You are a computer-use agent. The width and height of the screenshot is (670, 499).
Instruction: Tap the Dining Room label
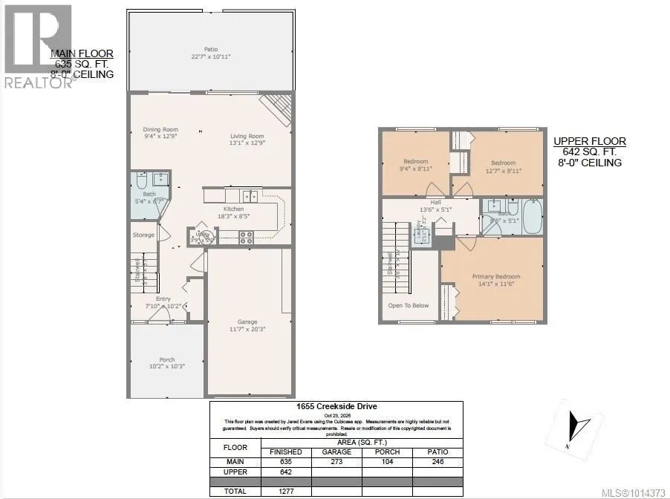(x=160, y=130)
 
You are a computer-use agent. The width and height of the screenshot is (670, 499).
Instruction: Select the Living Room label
(x=247, y=136)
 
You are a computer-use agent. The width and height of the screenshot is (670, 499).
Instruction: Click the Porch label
(x=166, y=360)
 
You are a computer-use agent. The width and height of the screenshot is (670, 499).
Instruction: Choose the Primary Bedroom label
(x=496, y=277)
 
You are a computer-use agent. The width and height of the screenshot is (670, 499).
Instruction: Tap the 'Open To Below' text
(x=408, y=305)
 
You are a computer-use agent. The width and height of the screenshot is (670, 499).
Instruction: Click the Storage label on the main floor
(x=143, y=235)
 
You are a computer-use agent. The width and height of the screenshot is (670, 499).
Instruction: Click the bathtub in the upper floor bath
(x=532, y=218)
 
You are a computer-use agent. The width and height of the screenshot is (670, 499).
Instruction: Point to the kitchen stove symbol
(x=246, y=238)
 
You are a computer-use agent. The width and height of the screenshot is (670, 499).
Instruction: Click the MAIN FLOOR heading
(x=81, y=54)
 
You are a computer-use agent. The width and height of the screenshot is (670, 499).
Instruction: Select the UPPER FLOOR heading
(x=590, y=141)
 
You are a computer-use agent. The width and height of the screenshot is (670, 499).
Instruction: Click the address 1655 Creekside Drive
(x=336, y=406)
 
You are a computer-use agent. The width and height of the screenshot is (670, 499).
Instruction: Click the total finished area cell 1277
(x=286, y=492)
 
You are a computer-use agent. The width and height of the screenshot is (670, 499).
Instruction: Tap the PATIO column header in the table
(x=437, y=451)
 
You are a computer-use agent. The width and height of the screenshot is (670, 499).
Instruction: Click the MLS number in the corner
(x=637, y=492)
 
